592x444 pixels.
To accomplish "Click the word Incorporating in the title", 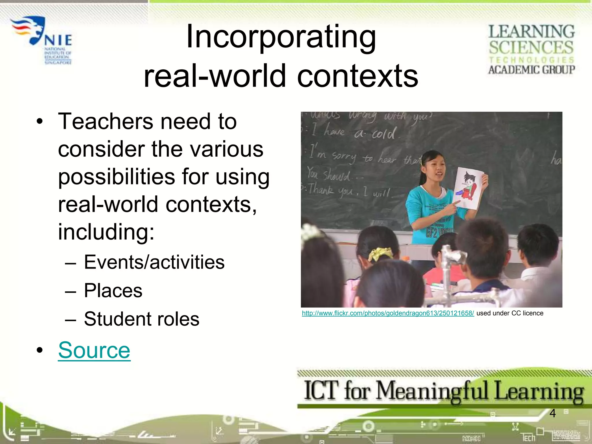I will [281, 37].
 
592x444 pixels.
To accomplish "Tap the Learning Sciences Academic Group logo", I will [531, 49].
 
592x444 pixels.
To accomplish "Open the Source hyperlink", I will [94, 350].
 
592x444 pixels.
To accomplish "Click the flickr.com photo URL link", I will [388, 313].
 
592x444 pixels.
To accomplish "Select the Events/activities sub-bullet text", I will [154, 262].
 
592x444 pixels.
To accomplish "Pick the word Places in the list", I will [113, 291].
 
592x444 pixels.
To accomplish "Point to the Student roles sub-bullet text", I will [142, 319].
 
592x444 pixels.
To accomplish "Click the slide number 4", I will [552, 413].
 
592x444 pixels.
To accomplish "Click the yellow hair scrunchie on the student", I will [380, 254].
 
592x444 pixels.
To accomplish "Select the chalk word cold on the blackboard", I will [383, 134].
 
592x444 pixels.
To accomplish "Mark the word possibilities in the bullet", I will [116, 177].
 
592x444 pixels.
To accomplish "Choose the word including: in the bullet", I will [106, 232].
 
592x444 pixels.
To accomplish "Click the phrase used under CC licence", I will [510, 313].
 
